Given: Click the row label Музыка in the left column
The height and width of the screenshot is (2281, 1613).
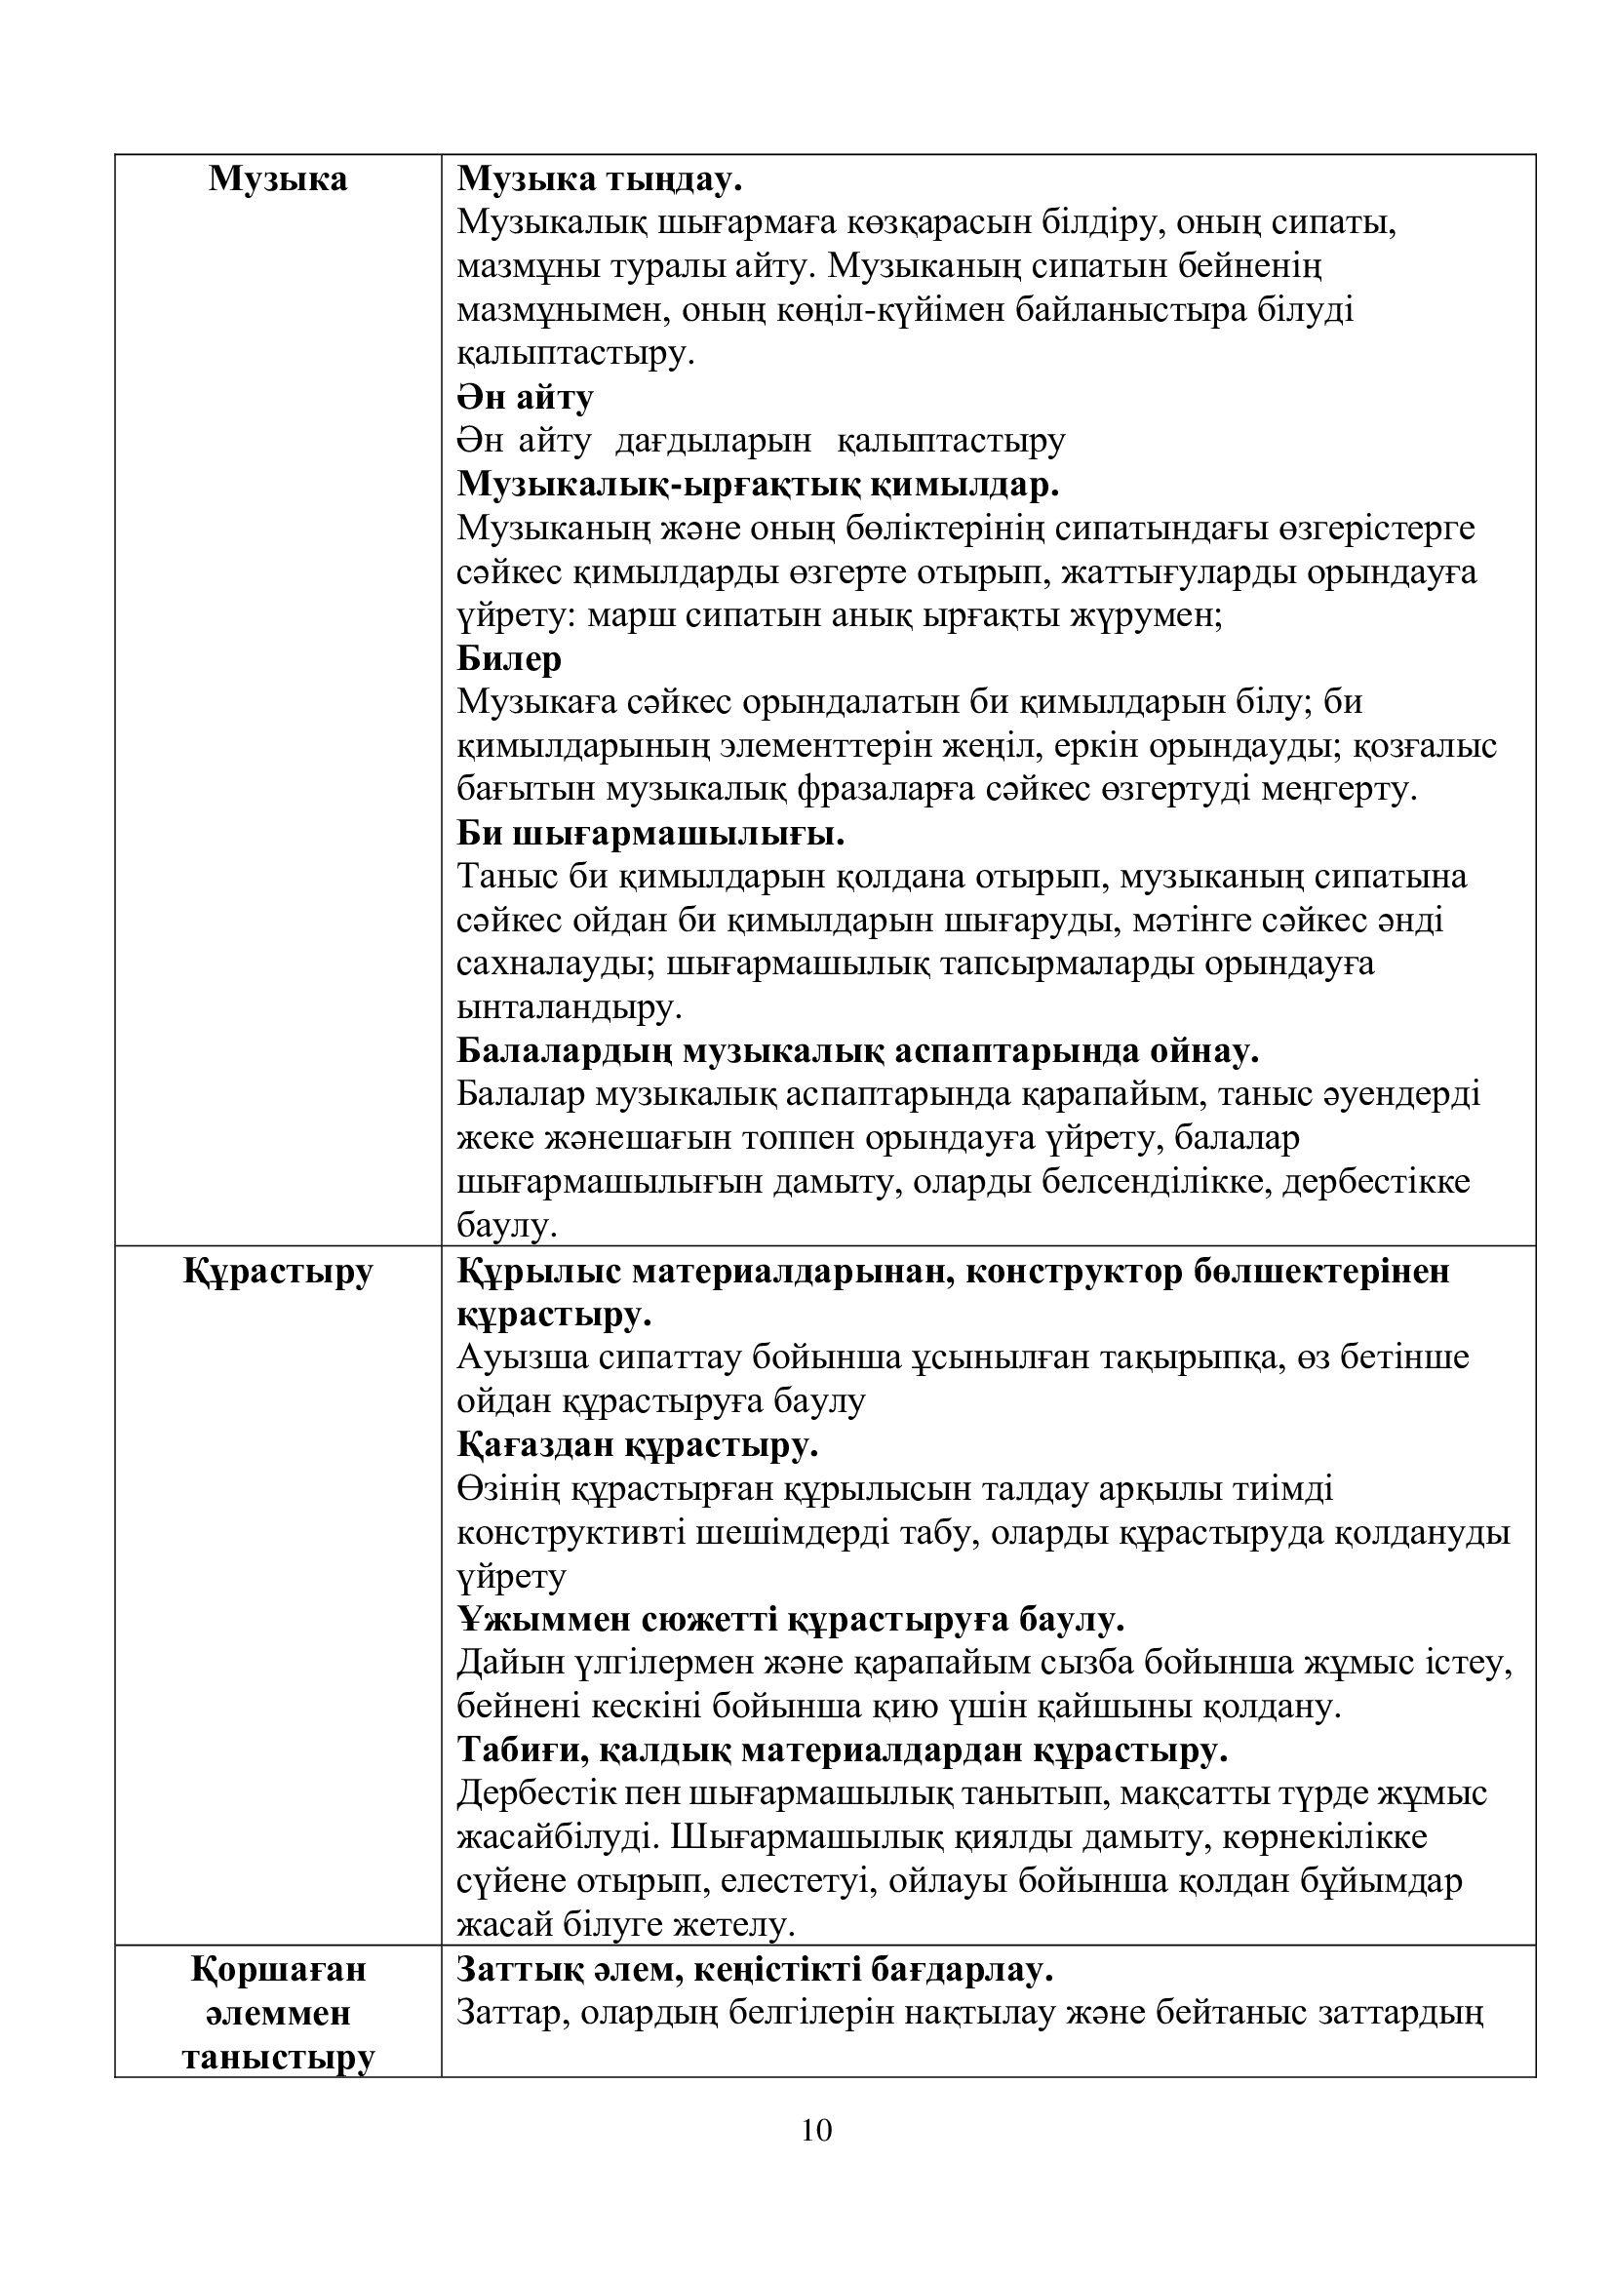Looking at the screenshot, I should click(278, 179).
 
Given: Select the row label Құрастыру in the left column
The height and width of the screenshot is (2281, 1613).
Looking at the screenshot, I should click(278, 1272).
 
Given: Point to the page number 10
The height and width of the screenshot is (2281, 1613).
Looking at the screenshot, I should click(816, 2130).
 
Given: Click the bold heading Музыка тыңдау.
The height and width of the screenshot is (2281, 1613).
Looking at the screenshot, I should click(599, 179).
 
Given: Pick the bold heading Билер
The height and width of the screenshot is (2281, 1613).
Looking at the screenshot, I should click(509, 658).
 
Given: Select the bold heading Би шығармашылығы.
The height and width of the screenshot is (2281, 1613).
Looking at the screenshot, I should click(650, 834).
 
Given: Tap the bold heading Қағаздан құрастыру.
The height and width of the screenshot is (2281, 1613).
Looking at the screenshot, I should click(638, 1445).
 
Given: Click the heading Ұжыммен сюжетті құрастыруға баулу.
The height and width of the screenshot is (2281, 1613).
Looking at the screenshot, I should click(791, 1621).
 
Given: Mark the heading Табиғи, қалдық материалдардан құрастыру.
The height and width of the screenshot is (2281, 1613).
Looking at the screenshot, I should click(843, 1750).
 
